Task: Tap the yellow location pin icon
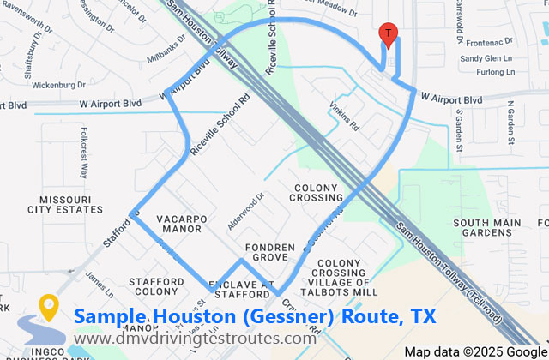(48, 306)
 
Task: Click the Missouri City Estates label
(65, 203)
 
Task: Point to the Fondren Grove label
(270, 253)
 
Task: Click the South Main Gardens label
(487, 229)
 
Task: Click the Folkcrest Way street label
(84, 153)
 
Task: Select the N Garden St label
(510, 123)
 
